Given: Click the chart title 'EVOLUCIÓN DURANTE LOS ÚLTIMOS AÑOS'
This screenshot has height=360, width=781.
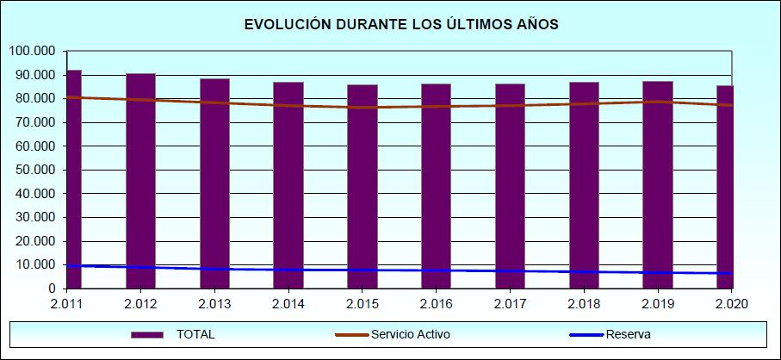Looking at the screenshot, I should [x=401, y=25].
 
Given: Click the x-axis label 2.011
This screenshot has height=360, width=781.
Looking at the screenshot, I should [x=67, y=303].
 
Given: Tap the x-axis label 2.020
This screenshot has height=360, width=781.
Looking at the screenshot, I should [x=732, y=303].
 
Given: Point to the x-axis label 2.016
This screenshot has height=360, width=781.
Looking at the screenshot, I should [x=437, y=303].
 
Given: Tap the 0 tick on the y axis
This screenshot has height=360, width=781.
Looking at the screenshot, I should [x=52, y=289].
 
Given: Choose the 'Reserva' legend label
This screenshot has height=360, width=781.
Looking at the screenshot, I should [x=628, y=334].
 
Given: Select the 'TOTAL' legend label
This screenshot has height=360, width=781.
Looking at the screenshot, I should [x=195, y=334].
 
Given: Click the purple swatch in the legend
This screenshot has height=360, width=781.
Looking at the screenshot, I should [x=147, y=334].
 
